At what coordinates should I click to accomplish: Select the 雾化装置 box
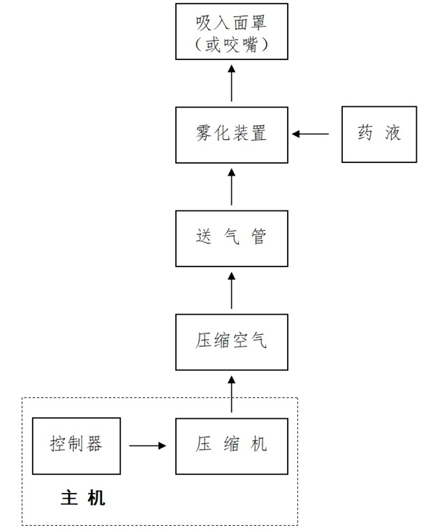(x=231, y=134)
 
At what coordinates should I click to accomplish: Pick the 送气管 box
(x=231, y=238)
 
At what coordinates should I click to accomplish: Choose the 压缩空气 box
(x=231, y=342)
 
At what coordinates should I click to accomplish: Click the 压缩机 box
(x=231, y=445)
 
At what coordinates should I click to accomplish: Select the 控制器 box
(x=76, y=445)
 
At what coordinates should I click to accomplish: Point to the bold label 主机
(x=83, y=498)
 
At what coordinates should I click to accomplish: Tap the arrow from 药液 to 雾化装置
(x=311, y=134)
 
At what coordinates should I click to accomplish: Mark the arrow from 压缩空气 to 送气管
(x=231, y=290)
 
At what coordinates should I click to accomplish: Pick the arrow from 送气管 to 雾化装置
(x=231, y=186)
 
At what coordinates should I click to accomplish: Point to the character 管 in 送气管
(x=260, y=238)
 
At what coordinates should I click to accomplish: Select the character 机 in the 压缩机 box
(x=260, y=445)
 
